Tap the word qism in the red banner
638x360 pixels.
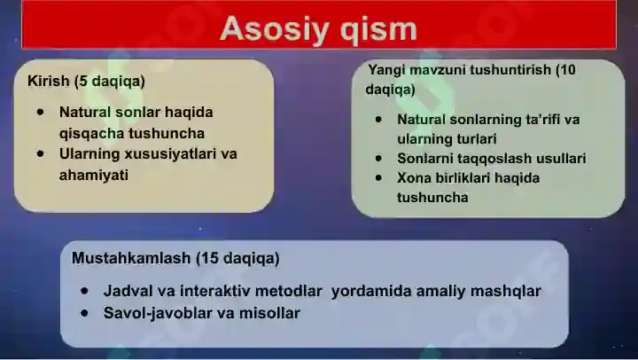(x=376, y=29)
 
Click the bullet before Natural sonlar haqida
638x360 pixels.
(x=41, y=113)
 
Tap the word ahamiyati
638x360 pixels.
(x=94, y=175)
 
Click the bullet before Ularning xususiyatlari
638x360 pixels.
(x=41, y=153)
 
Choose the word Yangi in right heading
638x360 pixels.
(x=386, y=69)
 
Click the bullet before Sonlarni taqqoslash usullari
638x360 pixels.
(x=378, y=159)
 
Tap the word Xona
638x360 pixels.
(x=414, y=178)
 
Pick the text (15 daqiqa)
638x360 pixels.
(x=237, y=259)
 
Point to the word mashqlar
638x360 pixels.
(x=506, y=291)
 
